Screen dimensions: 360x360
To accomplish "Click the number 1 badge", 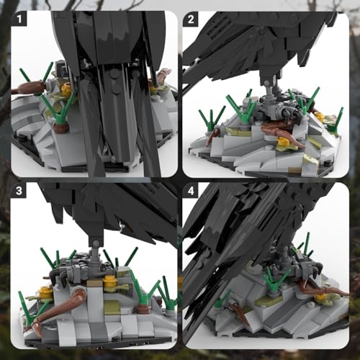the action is (19, 19).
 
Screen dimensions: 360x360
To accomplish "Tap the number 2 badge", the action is (191, 19).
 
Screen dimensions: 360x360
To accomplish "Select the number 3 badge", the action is (19, 190).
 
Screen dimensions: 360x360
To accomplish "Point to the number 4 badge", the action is (191, 190).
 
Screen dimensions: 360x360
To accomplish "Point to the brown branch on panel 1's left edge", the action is (28, 87).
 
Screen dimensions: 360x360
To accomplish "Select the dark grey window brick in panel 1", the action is (61, 70).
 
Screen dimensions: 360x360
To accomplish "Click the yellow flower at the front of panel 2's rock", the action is (282, 141).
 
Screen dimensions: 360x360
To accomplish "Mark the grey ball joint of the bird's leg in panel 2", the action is (267, 84).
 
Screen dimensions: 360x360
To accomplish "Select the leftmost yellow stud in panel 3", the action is (46, 291).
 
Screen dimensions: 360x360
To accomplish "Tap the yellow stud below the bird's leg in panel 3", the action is (109, 280).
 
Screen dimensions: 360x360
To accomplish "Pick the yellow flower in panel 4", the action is (320, 297).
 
